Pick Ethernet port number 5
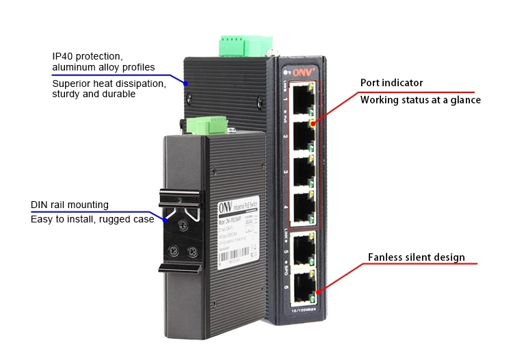point(299,250)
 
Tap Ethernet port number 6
point(299,288)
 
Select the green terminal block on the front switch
point(206,126)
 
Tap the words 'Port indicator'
point(391,83)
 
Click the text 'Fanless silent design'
point(416,258)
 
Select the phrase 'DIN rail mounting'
point(70,205)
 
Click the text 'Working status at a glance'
point(420,100)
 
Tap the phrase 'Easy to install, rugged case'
point(92,219)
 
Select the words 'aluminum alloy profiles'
point(103,67)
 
